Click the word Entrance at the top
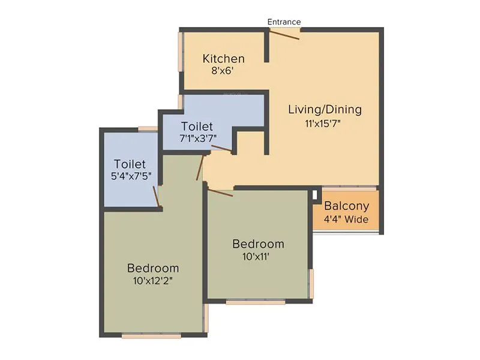(x=284, y=22)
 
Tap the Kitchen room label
(x=224, y=59)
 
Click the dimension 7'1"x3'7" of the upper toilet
(x=197, y=138)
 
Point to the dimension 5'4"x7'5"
(x=130, y=177)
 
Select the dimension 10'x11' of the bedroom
(x=258, y=257)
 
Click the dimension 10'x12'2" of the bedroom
(x=152, y=280)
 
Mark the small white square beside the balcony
(x=314, y=194)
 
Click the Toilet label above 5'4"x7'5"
(x=130, y=164)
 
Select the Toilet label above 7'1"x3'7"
(x=197, y=127)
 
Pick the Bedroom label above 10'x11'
(x=258, y=244)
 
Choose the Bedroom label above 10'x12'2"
(x=152, y=268)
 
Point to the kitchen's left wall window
(x=180, y=52)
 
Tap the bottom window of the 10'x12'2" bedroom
(x=151, y=336)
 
